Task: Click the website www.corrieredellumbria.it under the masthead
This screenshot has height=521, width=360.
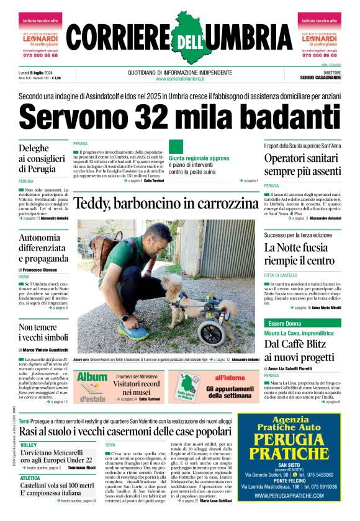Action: tap(180, 79)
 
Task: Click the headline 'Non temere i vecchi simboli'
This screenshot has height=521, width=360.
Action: tap(43, 332)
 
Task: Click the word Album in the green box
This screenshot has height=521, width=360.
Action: tap(92, 377)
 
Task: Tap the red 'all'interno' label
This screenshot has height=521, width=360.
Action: tap(230, 377)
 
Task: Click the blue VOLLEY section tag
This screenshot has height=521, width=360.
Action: tap(29, 445)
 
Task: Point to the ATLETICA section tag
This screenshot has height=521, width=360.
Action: tap(30, 478)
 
